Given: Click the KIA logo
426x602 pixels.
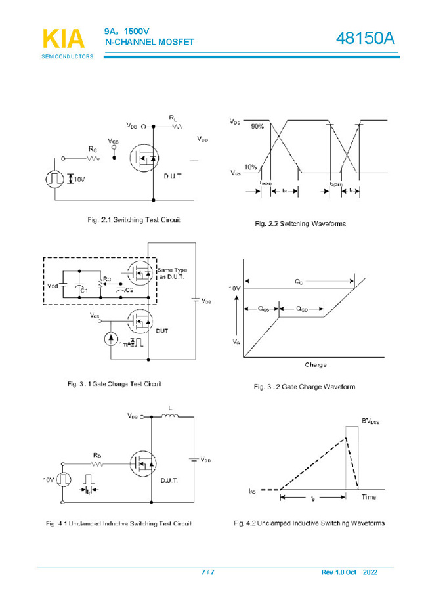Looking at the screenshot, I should pos(64,39).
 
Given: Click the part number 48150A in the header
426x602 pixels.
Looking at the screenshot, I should pos(366,39).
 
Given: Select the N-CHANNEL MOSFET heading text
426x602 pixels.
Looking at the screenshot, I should pos(150,43).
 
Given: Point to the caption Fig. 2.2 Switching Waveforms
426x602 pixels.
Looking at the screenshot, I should pos(300,224).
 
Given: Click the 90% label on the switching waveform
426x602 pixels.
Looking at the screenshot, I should pos(257,126).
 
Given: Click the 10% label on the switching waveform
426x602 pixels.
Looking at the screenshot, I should pos(250,167).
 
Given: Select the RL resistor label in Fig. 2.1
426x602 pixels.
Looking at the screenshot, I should pos(173,118).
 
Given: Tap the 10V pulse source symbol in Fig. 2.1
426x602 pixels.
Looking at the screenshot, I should pos(54,179).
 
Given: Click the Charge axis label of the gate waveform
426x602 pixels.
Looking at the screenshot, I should pos(315,364).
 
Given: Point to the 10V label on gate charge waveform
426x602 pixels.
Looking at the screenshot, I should pos(234,288).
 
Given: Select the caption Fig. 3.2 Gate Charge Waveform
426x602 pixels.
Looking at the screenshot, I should pos(305,387).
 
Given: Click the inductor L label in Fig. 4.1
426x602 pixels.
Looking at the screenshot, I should pos(171,408).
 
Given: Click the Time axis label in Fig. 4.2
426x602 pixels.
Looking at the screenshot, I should pos(369,497).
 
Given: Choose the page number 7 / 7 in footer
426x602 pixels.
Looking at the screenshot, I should pos(207,572).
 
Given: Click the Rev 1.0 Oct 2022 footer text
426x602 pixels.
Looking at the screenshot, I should pos(349,572).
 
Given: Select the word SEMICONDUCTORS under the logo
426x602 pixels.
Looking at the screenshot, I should pos(68,57).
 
